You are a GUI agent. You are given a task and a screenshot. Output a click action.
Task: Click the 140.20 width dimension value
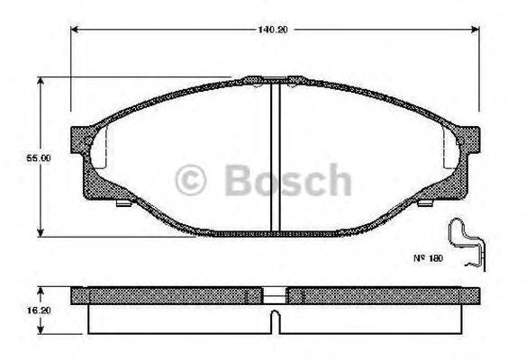tap(276, 30)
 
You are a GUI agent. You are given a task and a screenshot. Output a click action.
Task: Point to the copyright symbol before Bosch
tap(193, 181)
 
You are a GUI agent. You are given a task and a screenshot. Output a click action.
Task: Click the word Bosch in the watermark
tap(286, 181)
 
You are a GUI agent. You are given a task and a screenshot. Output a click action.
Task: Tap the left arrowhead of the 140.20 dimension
tap(75, 30)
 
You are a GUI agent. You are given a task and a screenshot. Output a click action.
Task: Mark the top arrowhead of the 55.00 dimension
tap(39, 80)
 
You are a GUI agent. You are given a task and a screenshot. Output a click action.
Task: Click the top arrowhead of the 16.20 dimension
tap(39, 290)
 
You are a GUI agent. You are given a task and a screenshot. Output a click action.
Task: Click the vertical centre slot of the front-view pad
tap(276, 157)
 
